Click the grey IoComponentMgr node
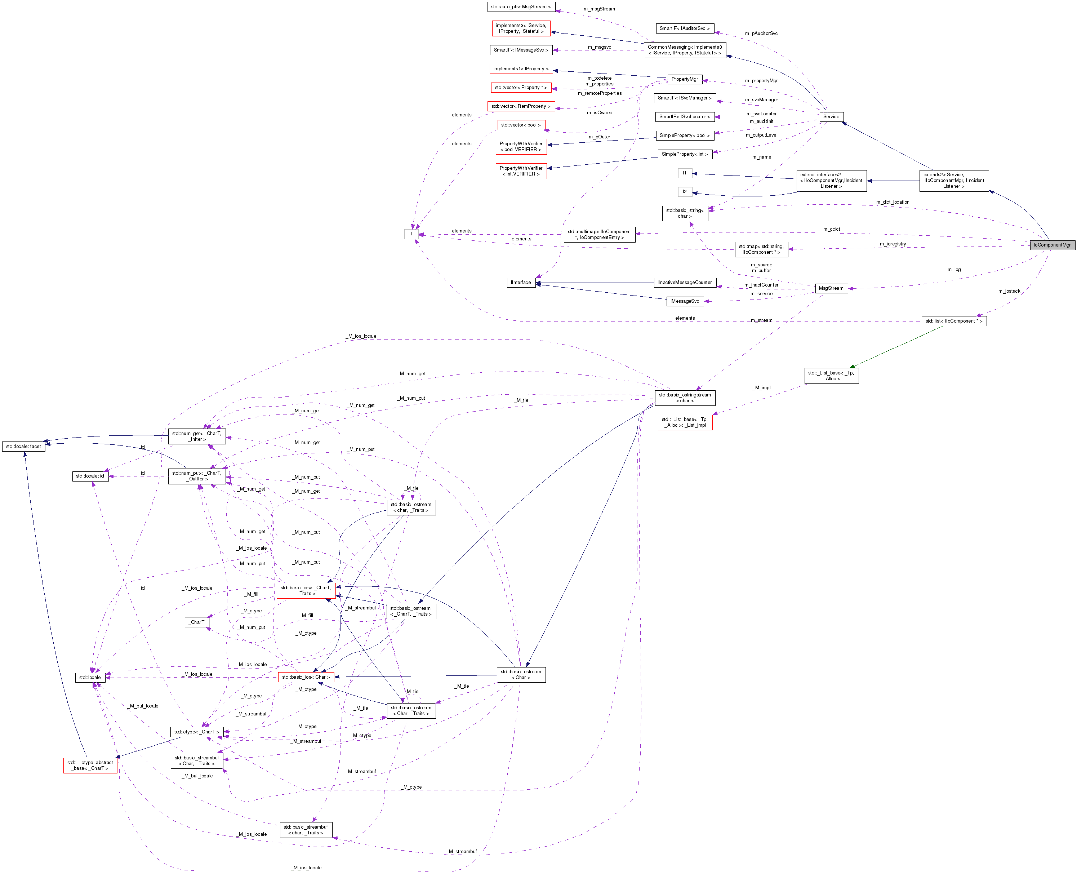click(1051, 245)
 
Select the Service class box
click(831, 117)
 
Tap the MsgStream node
click(831, 288)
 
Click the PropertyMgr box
click(685, 80)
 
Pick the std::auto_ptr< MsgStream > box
click(521, 7)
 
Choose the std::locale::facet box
click(24, 447)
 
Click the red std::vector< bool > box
click(521, 125)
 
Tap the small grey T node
click(411, 234)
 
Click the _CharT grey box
click(197, 622)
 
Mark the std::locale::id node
click(90, 476)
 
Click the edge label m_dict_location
click(892, 203)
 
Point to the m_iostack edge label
click(1009, 292)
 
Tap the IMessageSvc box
click(685, 302)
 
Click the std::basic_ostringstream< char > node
click(685, 398)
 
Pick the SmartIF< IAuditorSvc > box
click(685, 29)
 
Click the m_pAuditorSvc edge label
click(761, 34)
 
